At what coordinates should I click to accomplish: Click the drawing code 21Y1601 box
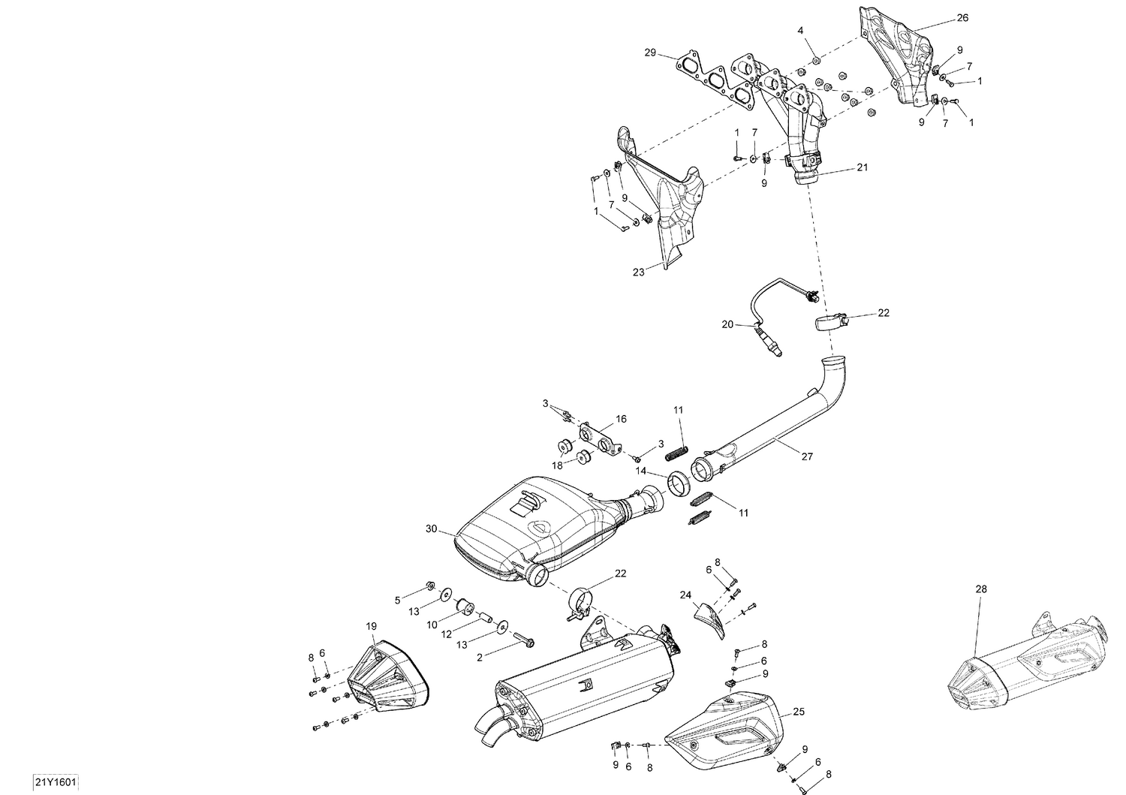tap(55, 782)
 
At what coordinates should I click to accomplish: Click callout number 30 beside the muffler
tap(431, 529)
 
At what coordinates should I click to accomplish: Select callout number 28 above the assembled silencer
tap(981, 589)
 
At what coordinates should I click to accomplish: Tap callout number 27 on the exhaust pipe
tap(785, 456)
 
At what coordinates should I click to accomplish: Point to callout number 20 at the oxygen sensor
tap(727, 324)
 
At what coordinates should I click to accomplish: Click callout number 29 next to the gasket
tap(650, 53)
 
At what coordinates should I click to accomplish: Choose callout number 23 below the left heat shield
tap(638, 273)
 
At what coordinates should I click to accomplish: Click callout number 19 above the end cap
tap(371, 626)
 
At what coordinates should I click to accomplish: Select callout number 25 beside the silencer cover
tap(799, 711)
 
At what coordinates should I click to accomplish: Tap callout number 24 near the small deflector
tap(685, 595)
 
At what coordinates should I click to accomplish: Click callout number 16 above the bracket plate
tap(621, 419)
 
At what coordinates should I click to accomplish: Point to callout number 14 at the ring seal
tap(641, 471)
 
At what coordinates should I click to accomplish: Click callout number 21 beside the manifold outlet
tap(862, 167)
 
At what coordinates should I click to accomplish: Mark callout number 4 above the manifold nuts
tap(800, 30)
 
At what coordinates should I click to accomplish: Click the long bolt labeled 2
tap(523, 640)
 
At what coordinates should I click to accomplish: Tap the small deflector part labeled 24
tap(709, 617)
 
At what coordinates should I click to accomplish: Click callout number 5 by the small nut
tap(398, 600)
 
